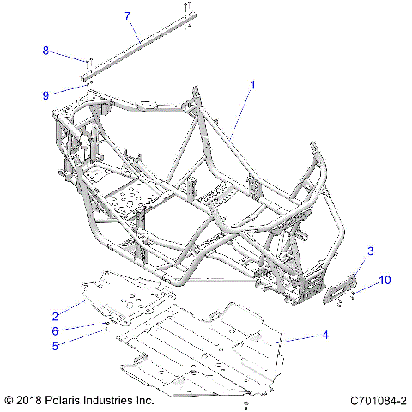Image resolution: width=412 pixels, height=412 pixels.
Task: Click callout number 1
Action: (x=253, y=85)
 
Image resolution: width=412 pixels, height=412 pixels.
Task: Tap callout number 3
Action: (x=370, y=251)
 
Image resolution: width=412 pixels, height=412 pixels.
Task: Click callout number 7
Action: (x=127, y=16)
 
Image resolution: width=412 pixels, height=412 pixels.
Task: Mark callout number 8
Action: (x=46, y=51)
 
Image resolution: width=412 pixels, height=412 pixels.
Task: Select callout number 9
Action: (x=46, y=95)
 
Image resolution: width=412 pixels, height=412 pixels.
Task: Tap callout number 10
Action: (x=385, y=280)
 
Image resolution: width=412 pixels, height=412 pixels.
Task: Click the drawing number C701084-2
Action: (x=379, y=400)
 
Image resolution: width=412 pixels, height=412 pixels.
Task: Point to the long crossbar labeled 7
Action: (x=137, y=48)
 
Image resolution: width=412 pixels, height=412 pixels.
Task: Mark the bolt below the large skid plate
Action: (x=246, y=402)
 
